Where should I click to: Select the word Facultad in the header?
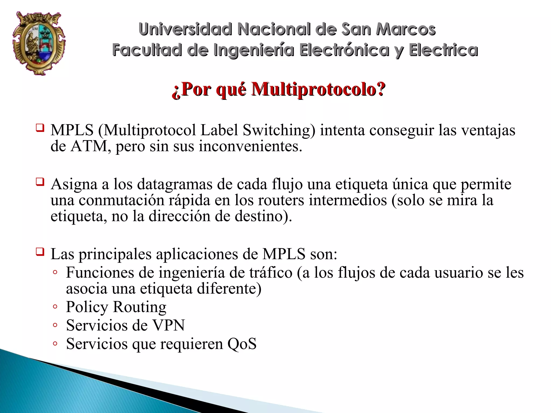click(147, 50)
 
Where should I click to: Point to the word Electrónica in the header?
click(345, 50)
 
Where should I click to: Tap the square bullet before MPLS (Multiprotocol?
click(40, 128)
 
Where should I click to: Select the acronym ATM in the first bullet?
click(89, 146)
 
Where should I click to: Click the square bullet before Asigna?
click(40, 182)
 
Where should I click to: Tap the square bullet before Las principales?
click(40, 252)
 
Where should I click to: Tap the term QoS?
click(242, 344)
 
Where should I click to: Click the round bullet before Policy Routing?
click(55, 306)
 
